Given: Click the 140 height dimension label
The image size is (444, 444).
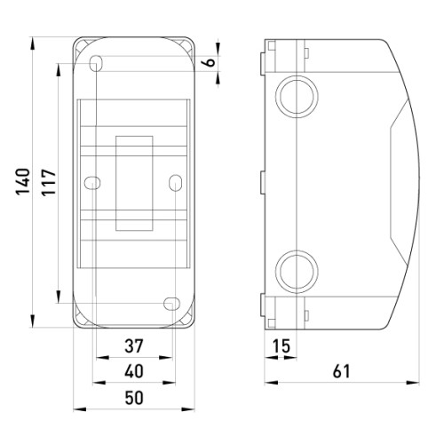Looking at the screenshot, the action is point(23,181).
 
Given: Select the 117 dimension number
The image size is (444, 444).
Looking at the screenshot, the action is point(49,182).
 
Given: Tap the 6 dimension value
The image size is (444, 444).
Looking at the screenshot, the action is point(210,62).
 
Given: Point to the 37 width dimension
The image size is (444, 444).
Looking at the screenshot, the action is point(134,345).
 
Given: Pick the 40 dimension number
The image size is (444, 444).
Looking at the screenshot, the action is point(134,371).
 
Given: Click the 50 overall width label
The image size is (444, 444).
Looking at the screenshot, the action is point(134,398).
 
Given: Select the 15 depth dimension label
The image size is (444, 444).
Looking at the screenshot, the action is point(281,345).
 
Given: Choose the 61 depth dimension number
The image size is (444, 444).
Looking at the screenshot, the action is point(341,371).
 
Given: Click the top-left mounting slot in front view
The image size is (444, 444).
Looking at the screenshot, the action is point(96,63).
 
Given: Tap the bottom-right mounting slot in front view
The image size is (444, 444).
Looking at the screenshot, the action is point(171,304).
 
